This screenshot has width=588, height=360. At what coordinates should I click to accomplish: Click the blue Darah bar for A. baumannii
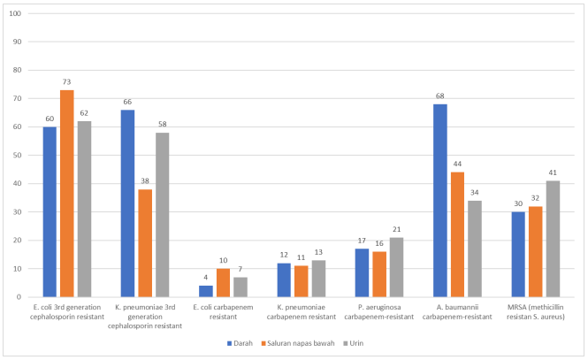(439, 201)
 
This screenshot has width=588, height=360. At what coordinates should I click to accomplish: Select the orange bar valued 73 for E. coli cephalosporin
(66, 194)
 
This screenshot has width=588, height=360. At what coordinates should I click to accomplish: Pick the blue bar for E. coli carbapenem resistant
(205, 291)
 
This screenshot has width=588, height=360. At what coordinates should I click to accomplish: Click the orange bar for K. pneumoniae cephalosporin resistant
(144, 243)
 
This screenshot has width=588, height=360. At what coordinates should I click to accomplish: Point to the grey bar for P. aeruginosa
(396, 267)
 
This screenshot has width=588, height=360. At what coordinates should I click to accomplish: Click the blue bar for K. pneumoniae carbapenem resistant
(283, 280)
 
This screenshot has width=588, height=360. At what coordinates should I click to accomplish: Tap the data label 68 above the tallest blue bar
(439, 97)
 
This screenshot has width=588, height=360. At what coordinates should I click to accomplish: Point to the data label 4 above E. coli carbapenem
(205, 279)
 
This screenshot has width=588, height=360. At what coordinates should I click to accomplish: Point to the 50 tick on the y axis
(19, 156)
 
